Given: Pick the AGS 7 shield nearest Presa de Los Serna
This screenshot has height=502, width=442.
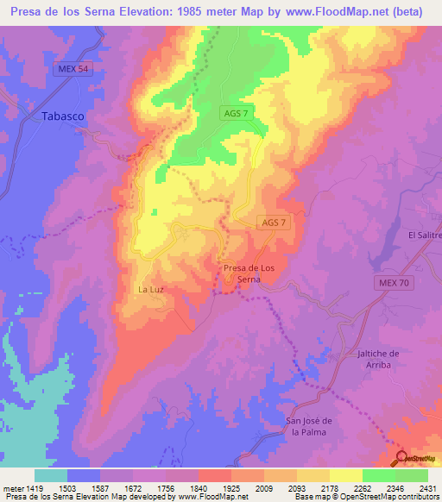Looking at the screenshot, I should click(x=272, y=223).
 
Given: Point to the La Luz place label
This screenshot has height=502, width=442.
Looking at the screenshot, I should click(x=150, y=290).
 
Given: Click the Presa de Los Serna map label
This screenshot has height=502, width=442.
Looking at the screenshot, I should click(x=249, y=273).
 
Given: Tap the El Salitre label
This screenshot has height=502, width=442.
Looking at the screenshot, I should click(x=425, y=235).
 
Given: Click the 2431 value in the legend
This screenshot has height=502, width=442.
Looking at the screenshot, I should click(x=426, y=488).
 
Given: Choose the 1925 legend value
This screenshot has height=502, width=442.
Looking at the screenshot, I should click(x=230, y=488).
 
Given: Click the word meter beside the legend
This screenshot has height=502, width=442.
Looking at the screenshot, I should click(x=12, y=488).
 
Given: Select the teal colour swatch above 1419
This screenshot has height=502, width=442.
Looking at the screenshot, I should click(x=51, y=475).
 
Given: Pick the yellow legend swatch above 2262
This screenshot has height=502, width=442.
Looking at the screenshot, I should click(x=345, y=475).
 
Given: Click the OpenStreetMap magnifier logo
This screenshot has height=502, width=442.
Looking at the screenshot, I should click(x=401, y=458).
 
